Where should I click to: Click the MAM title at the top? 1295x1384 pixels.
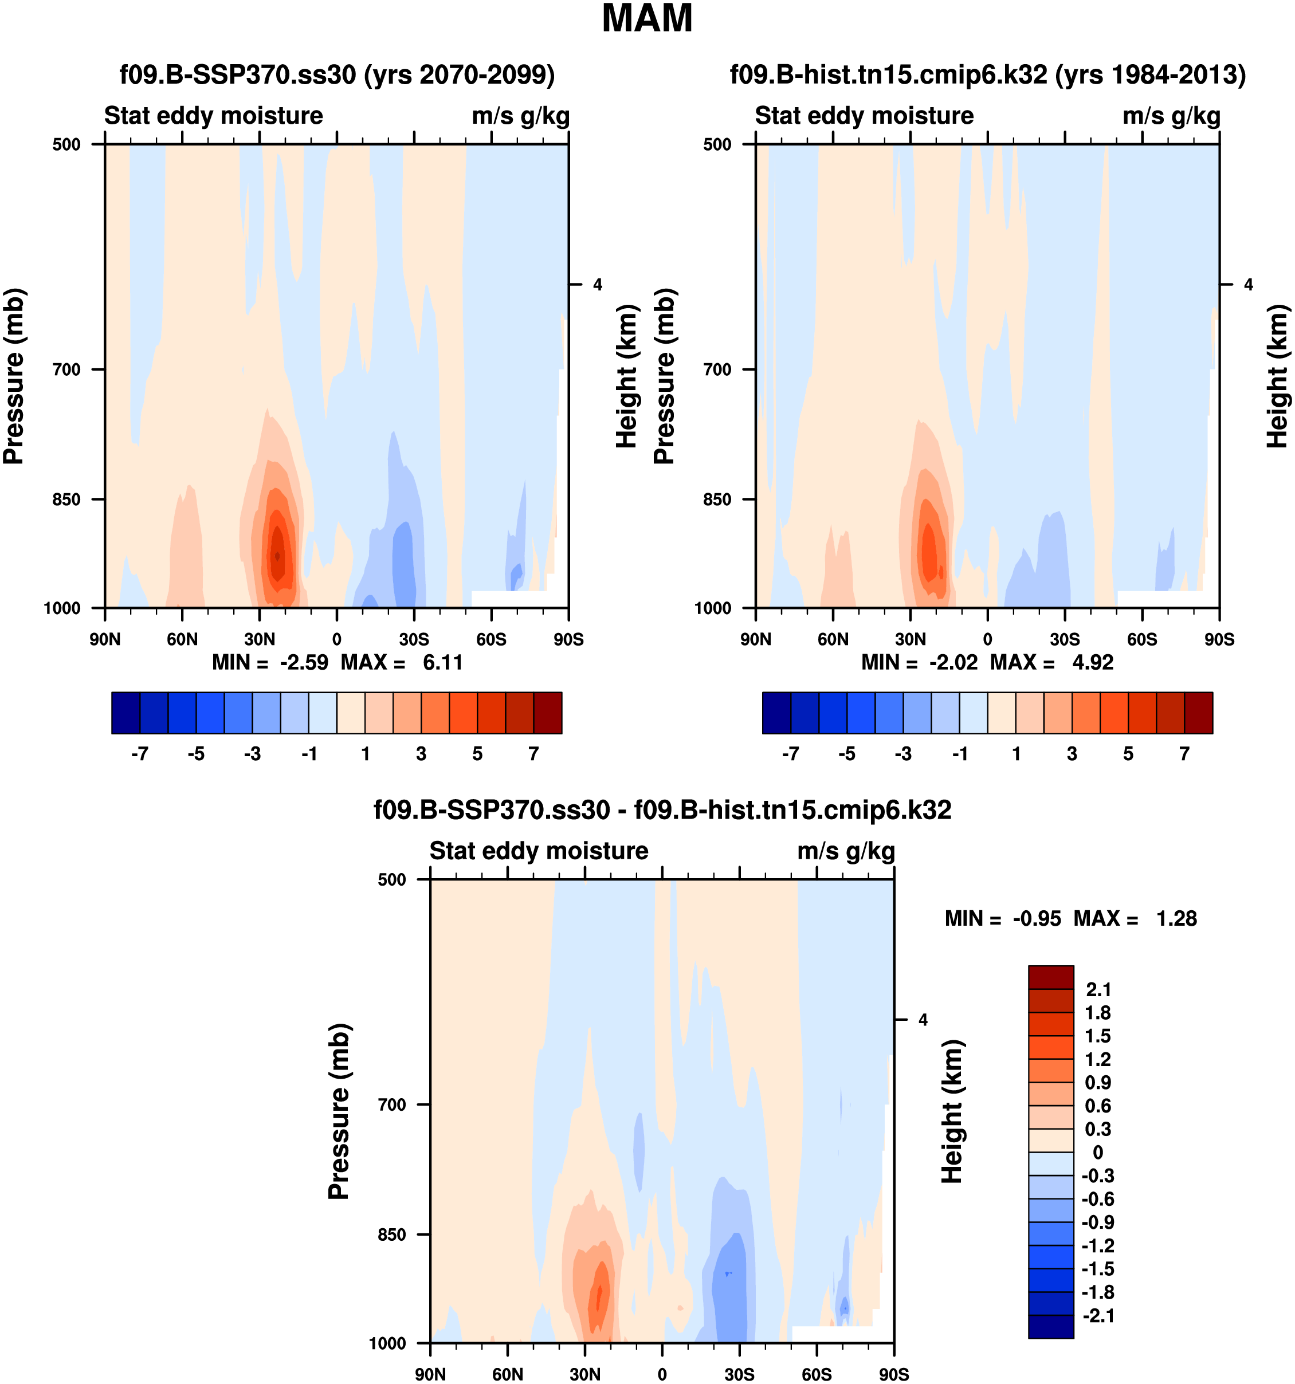(647, 19)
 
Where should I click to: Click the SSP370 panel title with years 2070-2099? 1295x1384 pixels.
(337, 74)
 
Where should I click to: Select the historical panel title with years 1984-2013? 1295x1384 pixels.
(987, 74)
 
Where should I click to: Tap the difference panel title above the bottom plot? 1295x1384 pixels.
(662, 809)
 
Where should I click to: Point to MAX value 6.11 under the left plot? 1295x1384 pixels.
(443, 662)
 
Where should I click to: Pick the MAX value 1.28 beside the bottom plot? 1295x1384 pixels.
(1176, 918)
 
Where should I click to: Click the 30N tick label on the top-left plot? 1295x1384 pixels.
(259, 639)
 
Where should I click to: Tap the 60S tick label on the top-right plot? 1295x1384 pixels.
(1142, 639)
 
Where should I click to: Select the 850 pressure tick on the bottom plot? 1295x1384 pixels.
(392, 1234)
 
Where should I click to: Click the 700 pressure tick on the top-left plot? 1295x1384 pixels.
(67, 369)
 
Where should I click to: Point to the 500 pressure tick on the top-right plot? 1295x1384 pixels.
(717, 145)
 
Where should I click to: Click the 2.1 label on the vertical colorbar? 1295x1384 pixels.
(1098, 989)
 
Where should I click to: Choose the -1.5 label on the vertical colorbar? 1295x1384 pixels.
(1098, 1268)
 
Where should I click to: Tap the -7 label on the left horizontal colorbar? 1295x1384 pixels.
(139, 754)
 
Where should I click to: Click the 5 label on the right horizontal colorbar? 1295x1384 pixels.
(1128, 754)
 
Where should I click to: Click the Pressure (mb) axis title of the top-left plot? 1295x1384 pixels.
(14, 376)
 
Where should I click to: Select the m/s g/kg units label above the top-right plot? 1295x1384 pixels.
(1171, 116)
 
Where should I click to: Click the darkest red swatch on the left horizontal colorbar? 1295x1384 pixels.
(547, 713)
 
